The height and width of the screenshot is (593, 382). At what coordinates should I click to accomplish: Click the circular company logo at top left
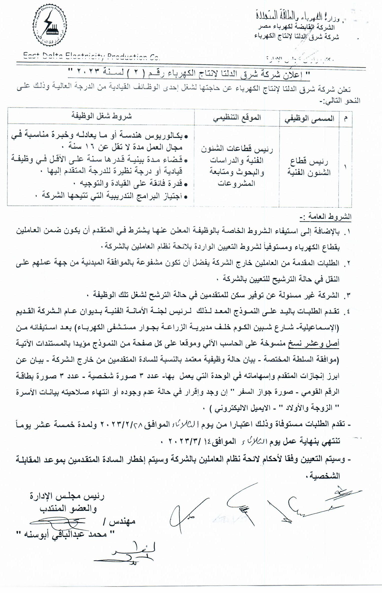[x=49, y=28]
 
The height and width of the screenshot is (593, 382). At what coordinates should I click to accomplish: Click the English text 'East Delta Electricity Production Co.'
[x=91, y=57]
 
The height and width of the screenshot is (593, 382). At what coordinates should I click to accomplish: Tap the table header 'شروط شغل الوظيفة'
[x=101, y=116]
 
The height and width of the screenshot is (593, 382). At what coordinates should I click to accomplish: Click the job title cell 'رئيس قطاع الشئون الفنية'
[x=309, y=167]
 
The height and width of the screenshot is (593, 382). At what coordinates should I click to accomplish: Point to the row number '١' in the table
[x=345, y=167]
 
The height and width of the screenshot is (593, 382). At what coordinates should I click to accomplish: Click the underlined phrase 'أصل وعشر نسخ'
[x=313, y=344]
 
